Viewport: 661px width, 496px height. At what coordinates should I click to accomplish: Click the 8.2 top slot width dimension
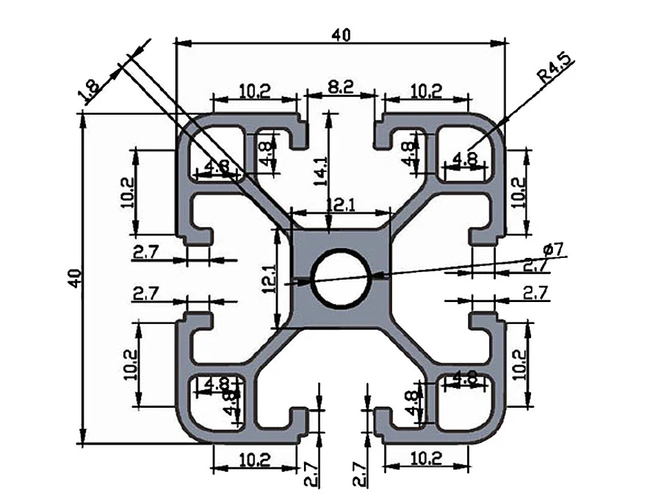tap(341, 87)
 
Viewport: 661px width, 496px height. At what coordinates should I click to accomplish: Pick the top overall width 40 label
tap(342, 34)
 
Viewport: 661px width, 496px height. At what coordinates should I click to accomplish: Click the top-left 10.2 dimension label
tap(255, 90)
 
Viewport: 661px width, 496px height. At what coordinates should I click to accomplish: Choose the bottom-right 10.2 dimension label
tap(427, 459)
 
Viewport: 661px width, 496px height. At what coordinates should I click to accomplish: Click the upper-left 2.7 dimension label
tap(145, 253)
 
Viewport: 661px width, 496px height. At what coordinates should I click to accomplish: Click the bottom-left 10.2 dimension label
tap(254, 460)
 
